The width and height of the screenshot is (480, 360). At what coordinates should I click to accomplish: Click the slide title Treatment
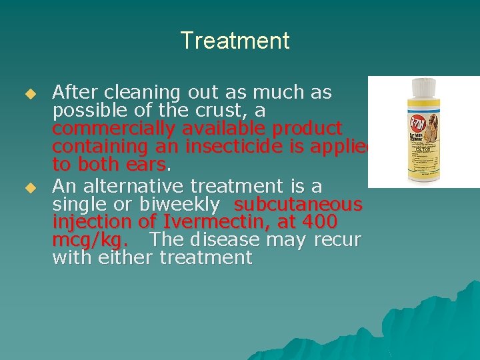click(x=235, y=41)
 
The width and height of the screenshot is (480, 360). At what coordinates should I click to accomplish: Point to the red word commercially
click(x=118, y=128)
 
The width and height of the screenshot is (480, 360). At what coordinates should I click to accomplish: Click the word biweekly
click(x=186, y=203)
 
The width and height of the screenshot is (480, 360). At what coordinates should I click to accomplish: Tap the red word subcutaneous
click(x=298, y=203)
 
